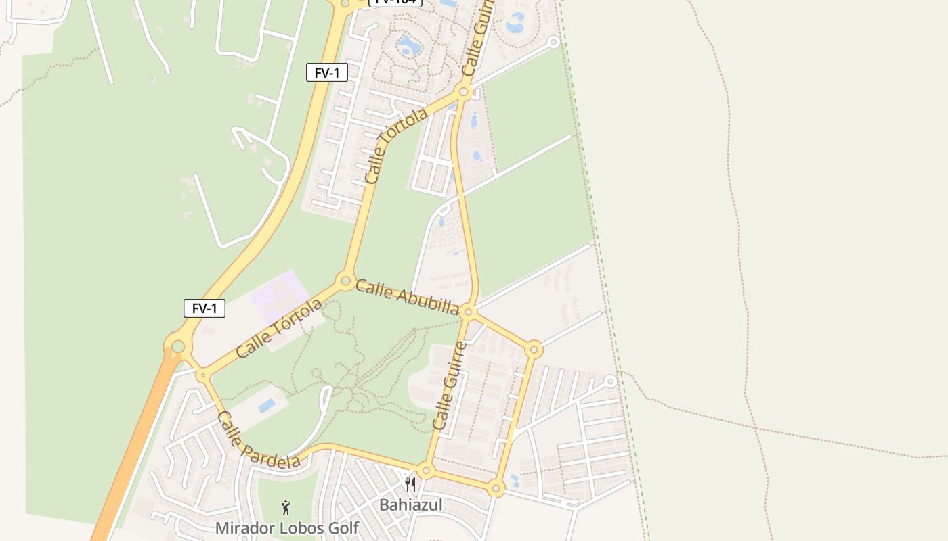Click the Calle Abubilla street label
407,297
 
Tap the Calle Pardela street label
259,440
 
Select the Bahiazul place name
410,505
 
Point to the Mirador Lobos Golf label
286,528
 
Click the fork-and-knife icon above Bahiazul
410,484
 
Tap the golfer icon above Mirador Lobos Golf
286,507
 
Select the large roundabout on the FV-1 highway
177,347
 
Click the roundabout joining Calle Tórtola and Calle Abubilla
345,280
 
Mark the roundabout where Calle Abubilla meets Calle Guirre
468,312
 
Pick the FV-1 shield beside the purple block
204,308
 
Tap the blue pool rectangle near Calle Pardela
267,405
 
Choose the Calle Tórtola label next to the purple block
279,329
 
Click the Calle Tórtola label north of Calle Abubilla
395,146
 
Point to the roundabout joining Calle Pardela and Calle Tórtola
202,375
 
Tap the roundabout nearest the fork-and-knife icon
425,470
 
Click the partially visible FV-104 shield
395,2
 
